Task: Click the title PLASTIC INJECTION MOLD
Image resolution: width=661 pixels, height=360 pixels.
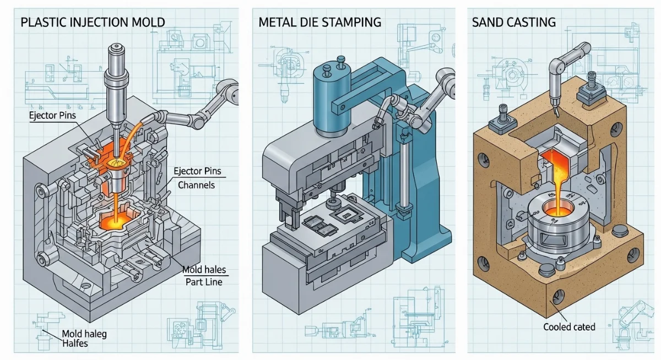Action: (92, 23)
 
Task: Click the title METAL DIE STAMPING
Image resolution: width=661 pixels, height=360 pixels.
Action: (319, 23)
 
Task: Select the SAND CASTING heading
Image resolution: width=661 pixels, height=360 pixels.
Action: (513, 23)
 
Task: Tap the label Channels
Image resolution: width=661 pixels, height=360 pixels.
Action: (196, 185)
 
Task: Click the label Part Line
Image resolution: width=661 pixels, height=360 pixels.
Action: (203, 282)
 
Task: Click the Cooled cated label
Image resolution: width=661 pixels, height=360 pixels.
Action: (569, 327)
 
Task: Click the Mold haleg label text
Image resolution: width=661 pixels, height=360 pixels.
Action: (84, 334)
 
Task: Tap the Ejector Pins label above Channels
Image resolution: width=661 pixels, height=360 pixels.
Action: (197, 171)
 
